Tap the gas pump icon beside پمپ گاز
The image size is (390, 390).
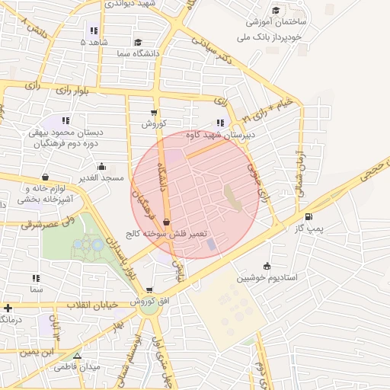tap(307, 216)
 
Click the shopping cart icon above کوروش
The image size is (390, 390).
tap(155, 111)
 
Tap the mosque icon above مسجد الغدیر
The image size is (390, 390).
tap(101, 167)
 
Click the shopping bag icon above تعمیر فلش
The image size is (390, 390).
tap(166, 222)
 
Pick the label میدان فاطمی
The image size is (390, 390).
tap(77, 366)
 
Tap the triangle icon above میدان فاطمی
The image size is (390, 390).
tap(77, 356)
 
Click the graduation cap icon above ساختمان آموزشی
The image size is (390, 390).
tap(275, 10)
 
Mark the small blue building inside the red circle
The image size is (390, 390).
tap(212, 244)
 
